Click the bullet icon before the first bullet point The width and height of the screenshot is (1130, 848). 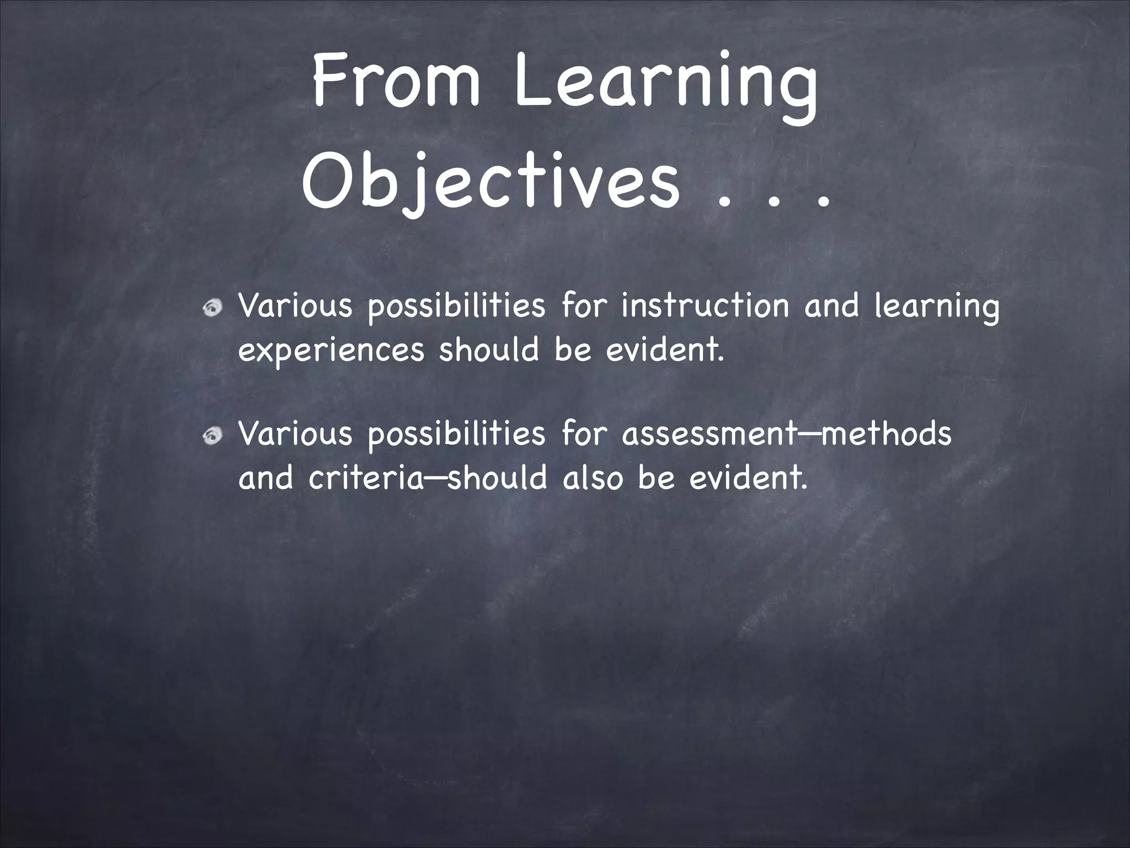212,308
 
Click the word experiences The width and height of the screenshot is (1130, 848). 331,351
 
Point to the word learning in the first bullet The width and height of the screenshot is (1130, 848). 936,308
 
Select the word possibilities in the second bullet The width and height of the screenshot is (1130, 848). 456,435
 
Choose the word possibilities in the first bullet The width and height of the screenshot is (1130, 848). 456,307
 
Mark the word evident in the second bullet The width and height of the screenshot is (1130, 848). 748,478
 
